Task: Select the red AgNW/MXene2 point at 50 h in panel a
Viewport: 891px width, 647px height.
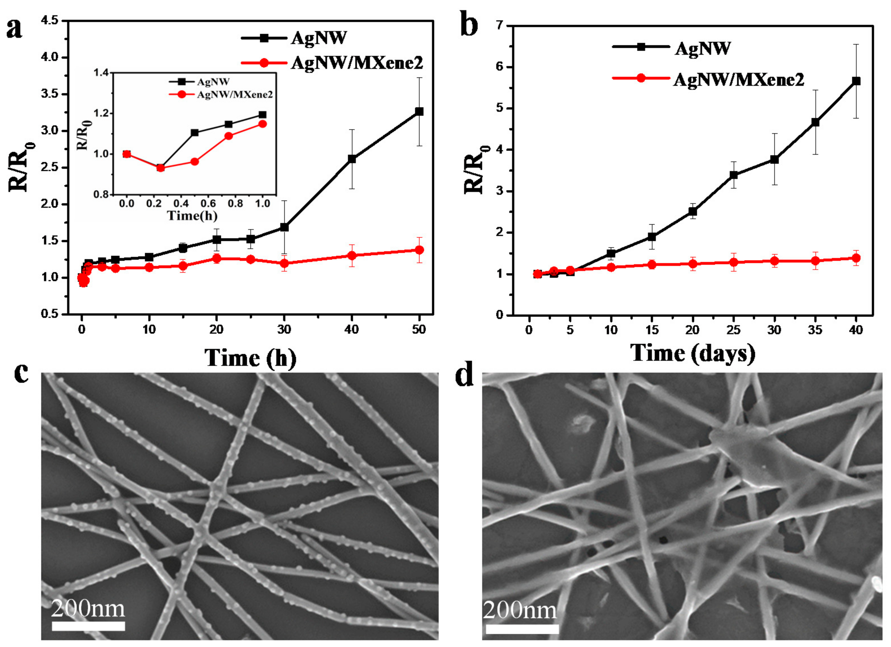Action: coord(419,250)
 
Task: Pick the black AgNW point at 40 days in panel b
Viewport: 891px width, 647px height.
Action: coord(856,81)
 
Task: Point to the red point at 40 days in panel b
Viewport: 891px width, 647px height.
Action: coord(856,258)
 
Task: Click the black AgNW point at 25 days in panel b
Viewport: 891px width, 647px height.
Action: coord(733,175)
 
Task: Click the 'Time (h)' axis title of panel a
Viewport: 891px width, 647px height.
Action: coord(250,358)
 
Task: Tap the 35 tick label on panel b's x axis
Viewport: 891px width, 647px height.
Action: coord(815,330)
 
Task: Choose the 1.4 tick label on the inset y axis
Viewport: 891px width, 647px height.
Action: coord(101,73)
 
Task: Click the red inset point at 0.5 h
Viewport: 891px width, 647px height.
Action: coord(195,162)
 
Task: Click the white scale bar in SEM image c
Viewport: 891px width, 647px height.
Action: coord(88,626)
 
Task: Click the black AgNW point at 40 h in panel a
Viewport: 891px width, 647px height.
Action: coord(352,159)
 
